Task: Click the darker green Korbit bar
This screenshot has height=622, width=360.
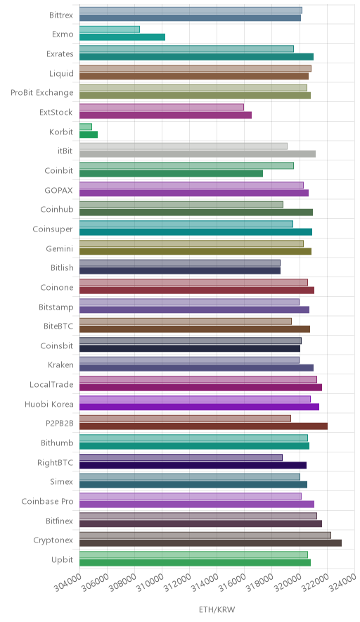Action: pyautogui.click(x=89, y=134)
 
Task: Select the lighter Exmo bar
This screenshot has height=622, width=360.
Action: pyautogui.click(x=110, y=30)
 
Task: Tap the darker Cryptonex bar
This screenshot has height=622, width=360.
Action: pyautogui.click(x=210, y=543)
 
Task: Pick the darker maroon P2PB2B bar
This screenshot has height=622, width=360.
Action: pyautogui.click(x=203, y=426)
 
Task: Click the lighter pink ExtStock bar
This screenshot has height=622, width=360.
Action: pyautogui.click(x=162, y=107)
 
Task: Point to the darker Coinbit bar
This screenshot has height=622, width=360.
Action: pyautogui.click(x=172, y=173)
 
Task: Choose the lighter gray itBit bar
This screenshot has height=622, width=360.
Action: pyautogui.click(x=184, y=146)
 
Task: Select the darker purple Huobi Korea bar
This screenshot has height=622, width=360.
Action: pyautogui.click(x=200, y=407)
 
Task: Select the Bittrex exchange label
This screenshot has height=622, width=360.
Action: pyautogui.click(x=61, y=15)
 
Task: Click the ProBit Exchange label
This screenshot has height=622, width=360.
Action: pyautogui.click(x=42, y=93)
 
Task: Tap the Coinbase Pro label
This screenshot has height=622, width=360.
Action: pyautogui.click(x=48, y=502)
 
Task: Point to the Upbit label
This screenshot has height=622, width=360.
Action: pyautogui.click(x=63, y=560)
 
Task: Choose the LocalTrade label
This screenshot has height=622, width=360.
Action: pyautogui.click(x=51, y=385)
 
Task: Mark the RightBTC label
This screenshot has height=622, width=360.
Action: pyautogui.click(x=55, y=462)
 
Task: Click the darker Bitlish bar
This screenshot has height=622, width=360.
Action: pyautogui.click(x=180, y=271)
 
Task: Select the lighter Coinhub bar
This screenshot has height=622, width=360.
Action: pyautogui.click(x=181, y=205)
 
